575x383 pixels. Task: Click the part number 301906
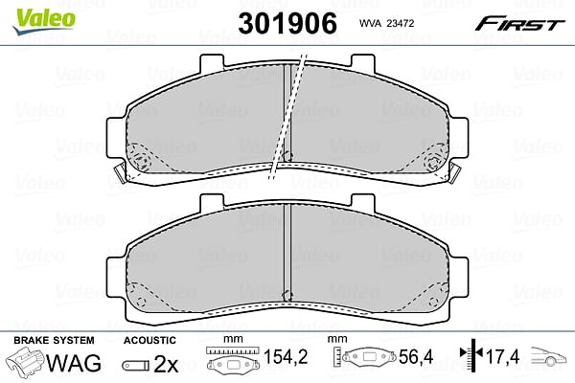click(287, 23)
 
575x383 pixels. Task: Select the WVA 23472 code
click(386, 23)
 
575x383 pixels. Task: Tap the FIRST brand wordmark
click(519, 25)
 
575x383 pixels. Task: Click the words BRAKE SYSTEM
click(54, 341)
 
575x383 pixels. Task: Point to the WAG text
click(74, 363)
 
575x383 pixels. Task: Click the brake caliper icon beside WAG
click(25, 361)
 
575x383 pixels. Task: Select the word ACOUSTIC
click(149, 341)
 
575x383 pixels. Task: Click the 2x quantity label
click(166, 364)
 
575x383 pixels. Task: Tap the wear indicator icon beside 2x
click(136, 365)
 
